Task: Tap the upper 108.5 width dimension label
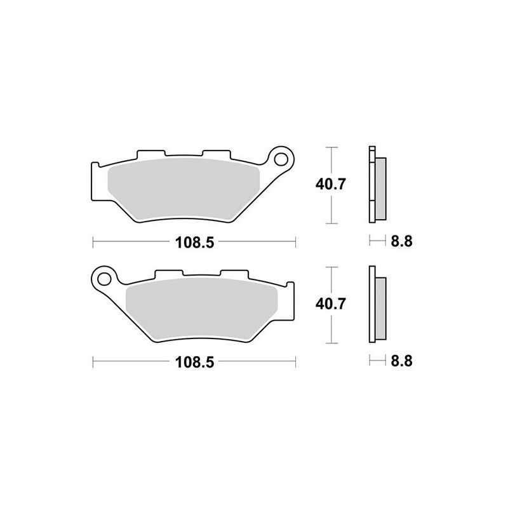[194, 242]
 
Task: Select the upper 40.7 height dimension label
[330, 185]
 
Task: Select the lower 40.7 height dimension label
[330, 305]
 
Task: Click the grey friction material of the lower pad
[203, 308]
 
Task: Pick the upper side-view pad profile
[376, 185]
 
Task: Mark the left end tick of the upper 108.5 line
[93, 242]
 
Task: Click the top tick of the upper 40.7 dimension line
[330, 147]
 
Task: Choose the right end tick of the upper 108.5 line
[295, 242]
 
